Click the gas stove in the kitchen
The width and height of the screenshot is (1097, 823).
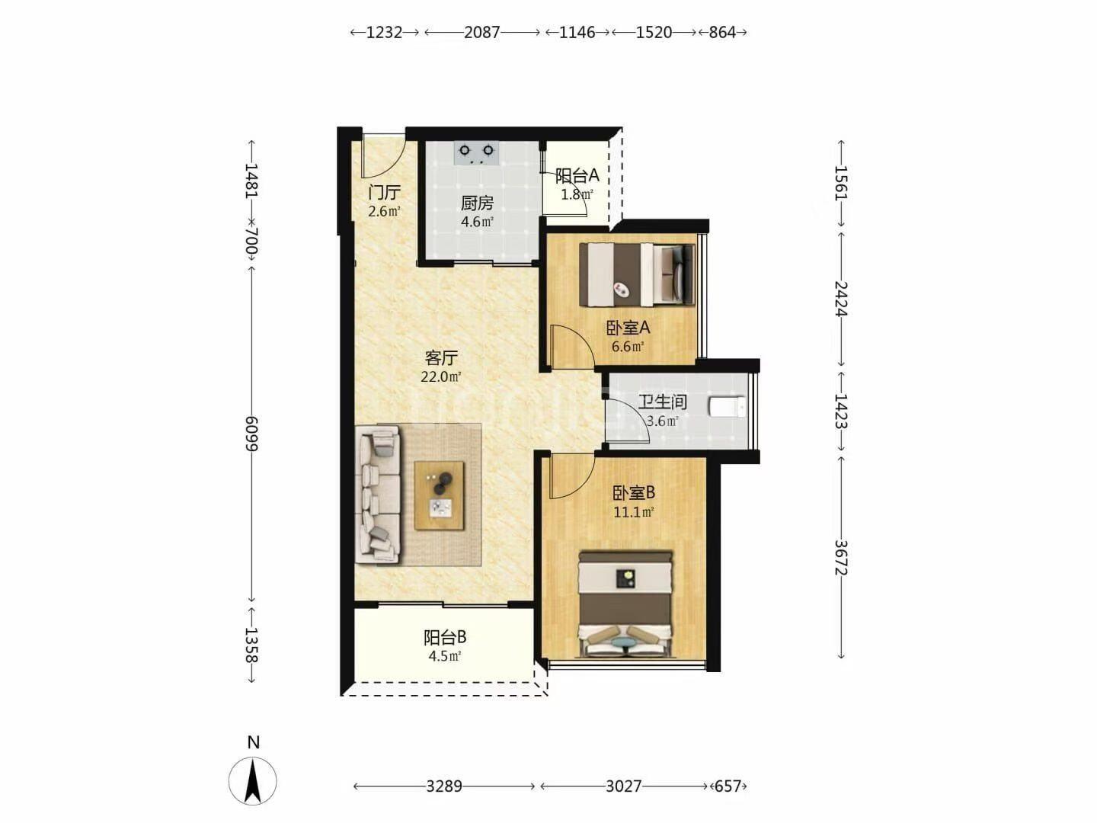click(477, 153)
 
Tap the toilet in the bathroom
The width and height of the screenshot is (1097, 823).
click(727, 407)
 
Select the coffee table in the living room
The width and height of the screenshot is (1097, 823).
click(440, 495)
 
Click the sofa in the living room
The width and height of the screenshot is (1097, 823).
click(378, 495)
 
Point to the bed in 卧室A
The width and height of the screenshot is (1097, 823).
click(637, 275)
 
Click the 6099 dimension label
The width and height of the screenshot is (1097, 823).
click(251, 434)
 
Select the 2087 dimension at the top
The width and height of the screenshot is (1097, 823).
click(481, 33)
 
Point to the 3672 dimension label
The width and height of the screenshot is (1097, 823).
click(841, 557)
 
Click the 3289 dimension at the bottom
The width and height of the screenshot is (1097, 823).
click(444, 786)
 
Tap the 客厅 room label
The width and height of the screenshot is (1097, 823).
click(441, 358)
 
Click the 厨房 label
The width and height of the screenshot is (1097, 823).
click(478, 203)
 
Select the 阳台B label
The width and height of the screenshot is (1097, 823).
click(446, 637)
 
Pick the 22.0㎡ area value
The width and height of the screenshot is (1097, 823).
click(441, 376)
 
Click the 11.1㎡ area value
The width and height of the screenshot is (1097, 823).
click(634, 511)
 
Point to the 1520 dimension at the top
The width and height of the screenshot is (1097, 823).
click(654, 33)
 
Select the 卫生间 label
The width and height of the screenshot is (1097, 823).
click(663, 402)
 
